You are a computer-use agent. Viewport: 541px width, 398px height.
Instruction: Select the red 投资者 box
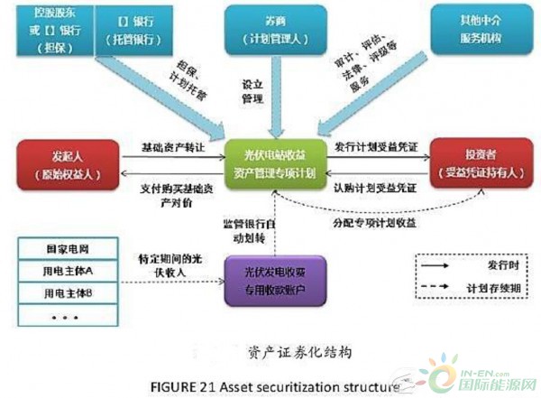point(477,162)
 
